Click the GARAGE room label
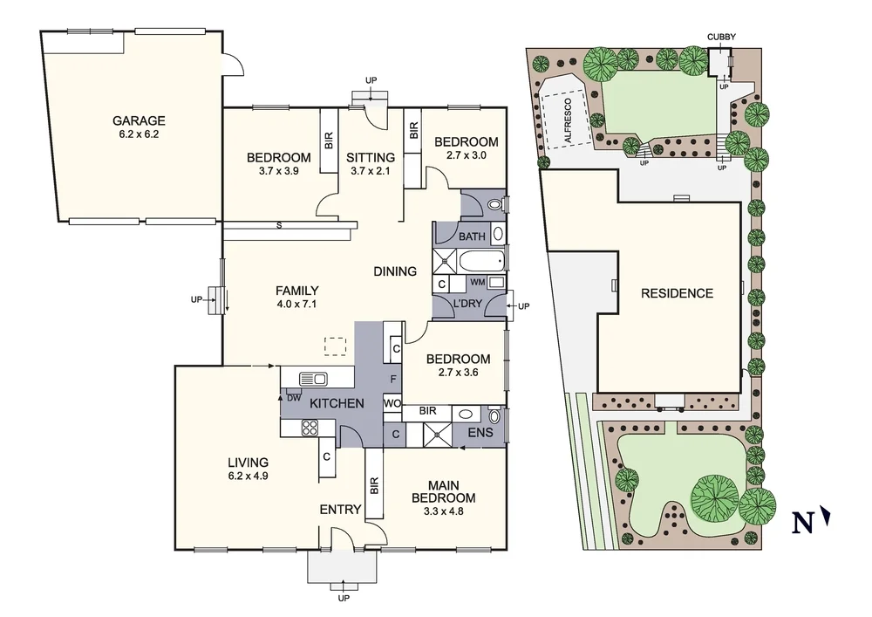pos(139,120)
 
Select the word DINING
pos(396,271)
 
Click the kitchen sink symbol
pos(312,378)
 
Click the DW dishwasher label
pos(294,398)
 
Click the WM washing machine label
pos(477,282)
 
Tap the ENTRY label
pos(340,510)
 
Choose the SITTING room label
pos(371,157)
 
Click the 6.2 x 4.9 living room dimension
pos(249,476)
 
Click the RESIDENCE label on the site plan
pos(677,293)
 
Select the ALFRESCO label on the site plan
pos(567,121)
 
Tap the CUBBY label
pos(722,36)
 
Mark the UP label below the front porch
pos(344,599)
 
